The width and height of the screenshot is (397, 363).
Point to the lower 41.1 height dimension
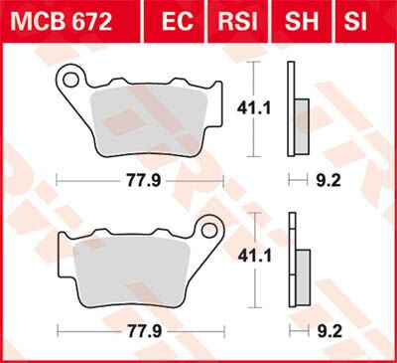pyautogui.click(x=273, y=256)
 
